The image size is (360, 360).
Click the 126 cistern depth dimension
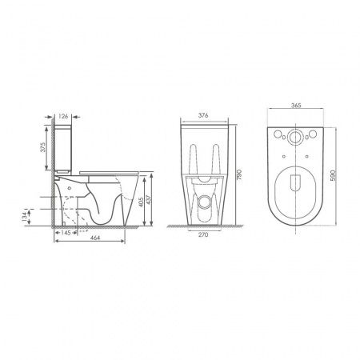click(x=63, y=116)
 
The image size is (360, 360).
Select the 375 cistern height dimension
click(x=43, y=147)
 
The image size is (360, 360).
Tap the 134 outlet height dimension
click(x=25, y=217)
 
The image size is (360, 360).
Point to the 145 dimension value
click(x=66, y=233)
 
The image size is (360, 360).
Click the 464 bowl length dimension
click(x=95, y=238)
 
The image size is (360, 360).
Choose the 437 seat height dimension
click(x=148, y=200)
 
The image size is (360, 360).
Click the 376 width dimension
click(x=203, y=115)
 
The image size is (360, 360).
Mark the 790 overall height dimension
click(x=239, y=174)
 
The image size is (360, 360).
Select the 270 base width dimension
click(x=203, y=234)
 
